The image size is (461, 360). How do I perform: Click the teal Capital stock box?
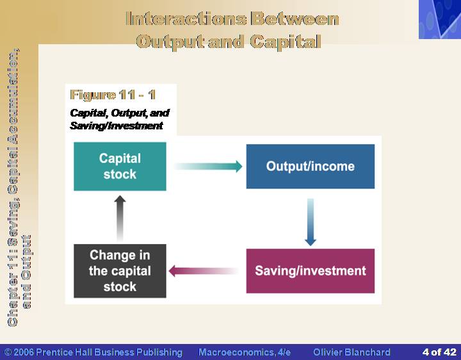pos(120,167)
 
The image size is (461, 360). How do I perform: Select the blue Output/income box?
pos(311,167)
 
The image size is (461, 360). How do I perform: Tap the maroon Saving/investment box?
pos(311,271)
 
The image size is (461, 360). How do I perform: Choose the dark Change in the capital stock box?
pos(120,271)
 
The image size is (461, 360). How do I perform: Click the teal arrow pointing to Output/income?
pos(208,167)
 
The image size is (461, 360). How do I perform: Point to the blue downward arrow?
pos(311,222)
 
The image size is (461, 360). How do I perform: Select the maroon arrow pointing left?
pos(204,271)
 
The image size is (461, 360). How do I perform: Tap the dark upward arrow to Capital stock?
pos(120,219)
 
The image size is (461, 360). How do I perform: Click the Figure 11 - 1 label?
pos(113,95)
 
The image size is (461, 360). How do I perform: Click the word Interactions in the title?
pos(186,19)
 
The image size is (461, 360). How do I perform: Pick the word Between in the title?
pos(295,19)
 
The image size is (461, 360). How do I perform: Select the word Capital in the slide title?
pos(286,42)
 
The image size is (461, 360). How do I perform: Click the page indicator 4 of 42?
pos(439,352)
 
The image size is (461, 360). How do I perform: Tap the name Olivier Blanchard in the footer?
pos(352,352)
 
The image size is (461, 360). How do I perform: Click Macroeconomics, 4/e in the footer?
pos(245,352)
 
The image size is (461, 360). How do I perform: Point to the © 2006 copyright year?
pos(19,352)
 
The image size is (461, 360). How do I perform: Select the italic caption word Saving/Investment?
pos(117,126)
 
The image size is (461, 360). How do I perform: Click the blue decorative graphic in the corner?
pos(440,19)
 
